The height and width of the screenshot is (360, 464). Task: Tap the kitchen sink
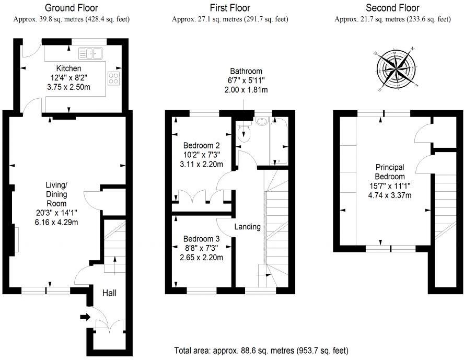(91, 52)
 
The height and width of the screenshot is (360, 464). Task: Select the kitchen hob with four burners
(113, 78)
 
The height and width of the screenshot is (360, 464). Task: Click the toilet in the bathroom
(244, 132)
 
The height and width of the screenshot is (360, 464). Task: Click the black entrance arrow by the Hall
(84, 316)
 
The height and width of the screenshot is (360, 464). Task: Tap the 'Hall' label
(109, 293)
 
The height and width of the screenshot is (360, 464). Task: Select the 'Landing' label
(247, 227)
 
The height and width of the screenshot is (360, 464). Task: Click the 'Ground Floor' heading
(71, 8)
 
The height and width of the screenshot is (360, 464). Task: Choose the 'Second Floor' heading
(392, 8)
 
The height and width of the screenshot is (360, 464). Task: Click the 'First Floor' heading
(230, 8)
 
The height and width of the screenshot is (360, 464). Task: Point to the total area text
(261, 350)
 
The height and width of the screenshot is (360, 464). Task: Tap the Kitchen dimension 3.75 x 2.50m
(69, 87)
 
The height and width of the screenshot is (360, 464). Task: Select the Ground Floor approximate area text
(71, 19)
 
